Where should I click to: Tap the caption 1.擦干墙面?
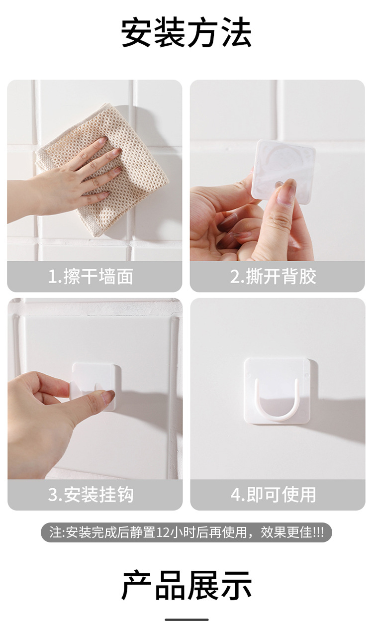pos(91,276)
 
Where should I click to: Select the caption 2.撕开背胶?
pos(273,276)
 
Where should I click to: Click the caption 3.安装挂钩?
pos(91,495)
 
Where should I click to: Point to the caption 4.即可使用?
pos(273,495)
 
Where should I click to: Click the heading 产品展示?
pos(186,586)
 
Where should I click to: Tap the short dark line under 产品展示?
pos(186,620)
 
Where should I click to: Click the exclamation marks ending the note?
pos(318,532)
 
